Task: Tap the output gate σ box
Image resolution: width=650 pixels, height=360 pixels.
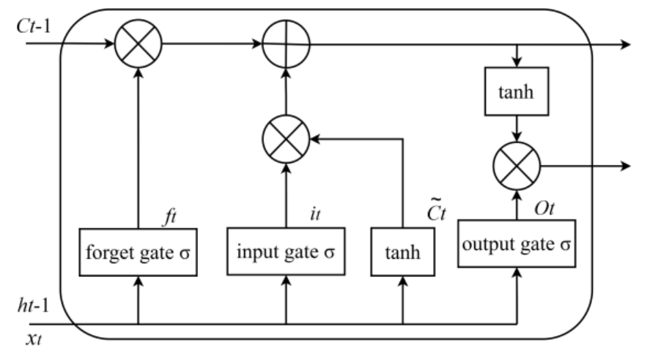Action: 515,244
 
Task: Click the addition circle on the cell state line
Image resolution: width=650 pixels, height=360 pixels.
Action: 287,45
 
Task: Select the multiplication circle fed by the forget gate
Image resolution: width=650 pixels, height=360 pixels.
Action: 137,45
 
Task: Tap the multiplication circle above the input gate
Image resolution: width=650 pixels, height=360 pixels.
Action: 287,138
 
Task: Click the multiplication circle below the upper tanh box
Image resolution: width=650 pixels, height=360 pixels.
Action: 517,165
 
